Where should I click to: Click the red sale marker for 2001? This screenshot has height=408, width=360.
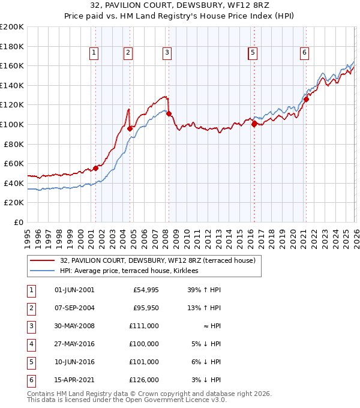pyautogui.click(x=95, y=168)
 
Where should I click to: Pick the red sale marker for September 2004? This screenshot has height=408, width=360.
pyautogui.click(x=130, y=128)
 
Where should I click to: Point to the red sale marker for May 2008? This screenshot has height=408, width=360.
pyautogui.click(x=169, y=113)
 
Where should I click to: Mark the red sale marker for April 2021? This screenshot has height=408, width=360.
pyautogui.click(x=305, y=100)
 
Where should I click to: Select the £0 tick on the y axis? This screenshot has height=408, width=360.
pyautogui.click(x=19, y=222)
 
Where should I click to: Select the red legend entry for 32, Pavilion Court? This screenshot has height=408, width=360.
pyautogui.click(x=158, y=260)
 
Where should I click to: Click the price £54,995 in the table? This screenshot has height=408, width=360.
pyautogui.click(x=146, y=290)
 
